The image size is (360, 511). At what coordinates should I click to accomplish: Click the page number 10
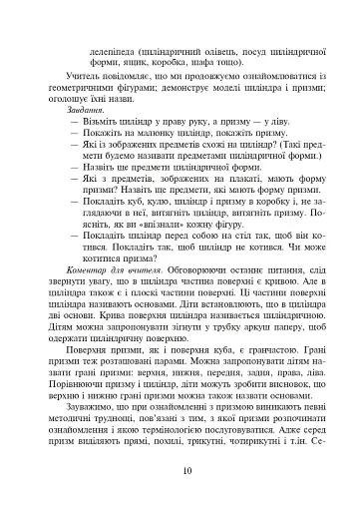180,471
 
